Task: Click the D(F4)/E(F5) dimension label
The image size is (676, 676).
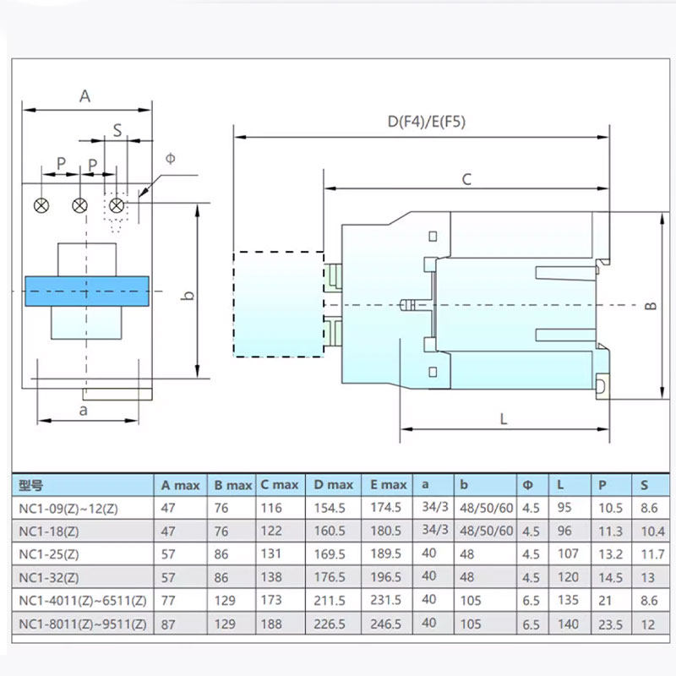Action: (427, 122)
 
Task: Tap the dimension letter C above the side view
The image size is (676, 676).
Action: (466, 179)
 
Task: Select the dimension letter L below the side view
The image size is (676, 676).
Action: (504, 418)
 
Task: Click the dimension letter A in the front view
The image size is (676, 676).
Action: (84, 96)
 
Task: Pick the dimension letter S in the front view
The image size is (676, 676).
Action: (117, 131)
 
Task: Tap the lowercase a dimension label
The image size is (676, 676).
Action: (83, 410)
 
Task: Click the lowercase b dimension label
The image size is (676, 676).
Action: (189, 296)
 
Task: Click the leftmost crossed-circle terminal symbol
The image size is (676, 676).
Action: (41, 205)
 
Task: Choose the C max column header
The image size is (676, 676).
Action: (279, 485)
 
